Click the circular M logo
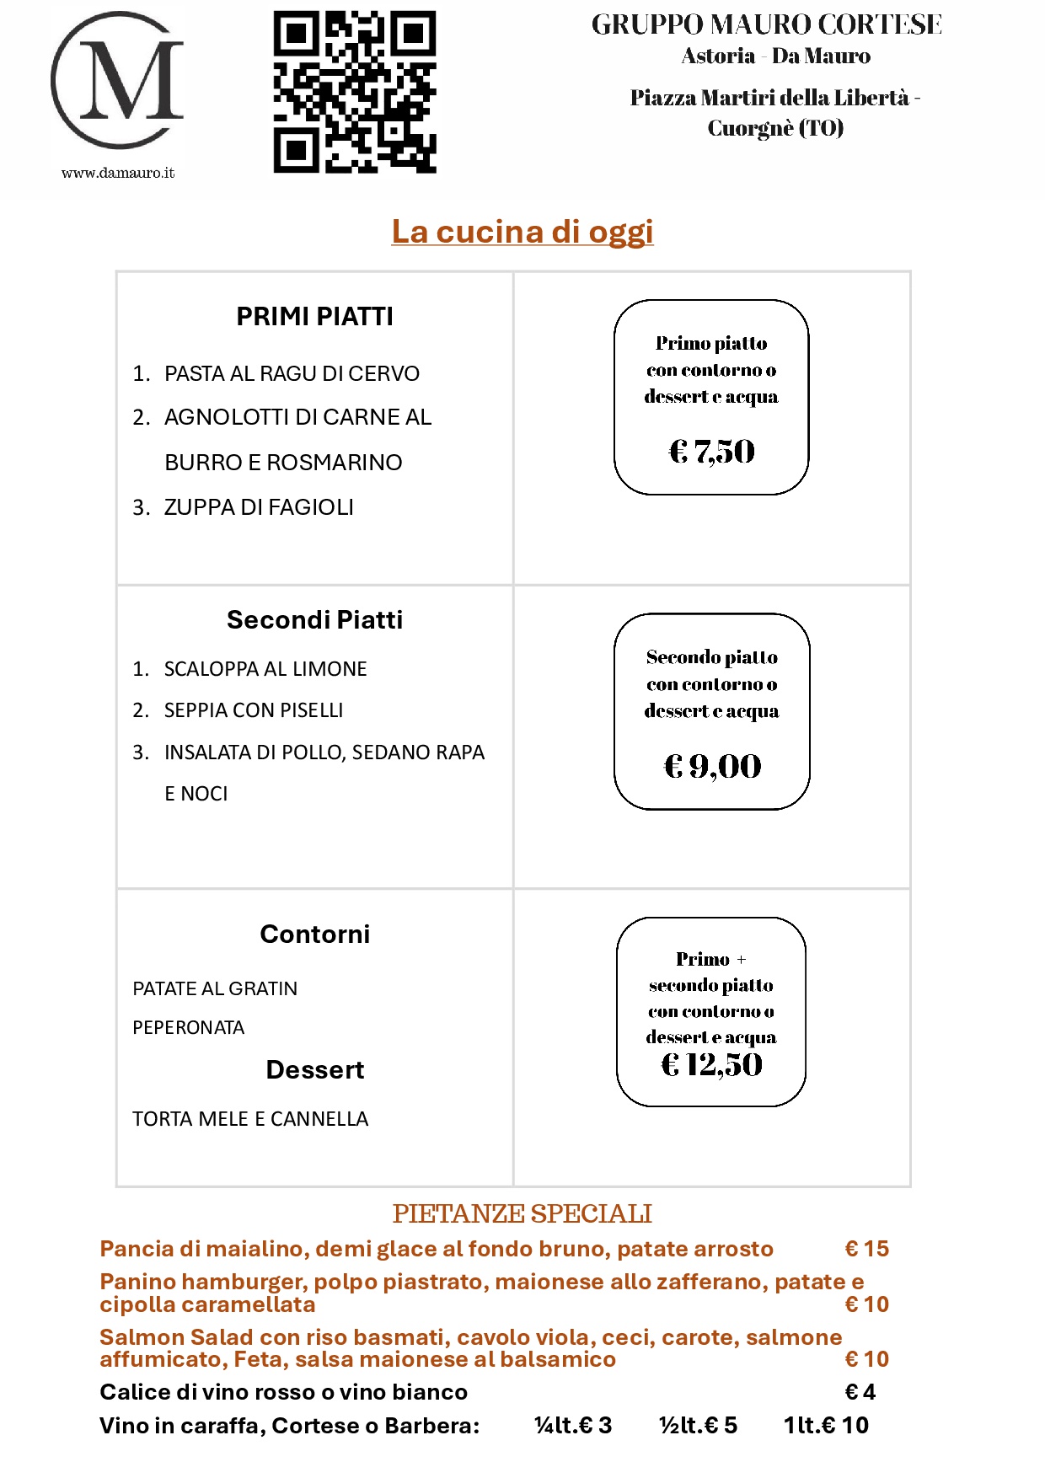pos(117,81)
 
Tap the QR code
pos(355,92)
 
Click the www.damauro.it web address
pos(118,173)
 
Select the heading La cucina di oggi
pos(522,232)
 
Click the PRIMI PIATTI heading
pos(314,317)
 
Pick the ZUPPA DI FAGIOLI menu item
pos(259,507)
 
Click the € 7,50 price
pos(712,451)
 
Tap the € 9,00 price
pos(713,766)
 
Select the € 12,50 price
pos(712,1065)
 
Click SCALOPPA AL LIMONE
pos(265,669)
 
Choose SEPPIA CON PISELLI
pos(254,710)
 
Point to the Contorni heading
pos(314,934)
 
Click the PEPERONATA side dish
pos(189,1028)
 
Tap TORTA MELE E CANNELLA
pos(250,1119)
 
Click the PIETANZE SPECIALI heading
pos(522,1213)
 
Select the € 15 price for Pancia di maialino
pos(867,1249)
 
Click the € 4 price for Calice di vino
pos(860,1392)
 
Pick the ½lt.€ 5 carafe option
pos(698,1426)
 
